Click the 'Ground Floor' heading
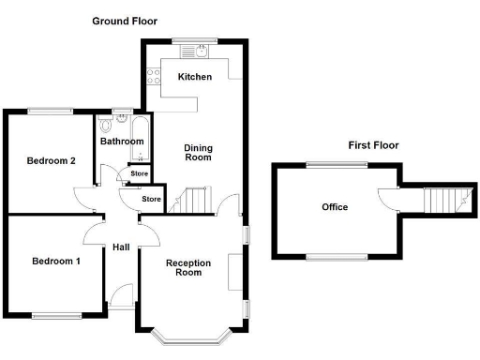[125, 21]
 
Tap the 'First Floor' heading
[373, 145]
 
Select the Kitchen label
[196, 77]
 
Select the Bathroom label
[122, 142]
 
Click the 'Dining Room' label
[197, 153]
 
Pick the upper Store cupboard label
[139, 173]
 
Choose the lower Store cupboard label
[151, 199]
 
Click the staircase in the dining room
[194, 200]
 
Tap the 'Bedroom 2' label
[51, 160]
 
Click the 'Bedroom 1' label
[54, 260]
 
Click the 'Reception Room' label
[184, 267]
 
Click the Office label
[335, 207]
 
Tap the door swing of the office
[386, 199]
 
